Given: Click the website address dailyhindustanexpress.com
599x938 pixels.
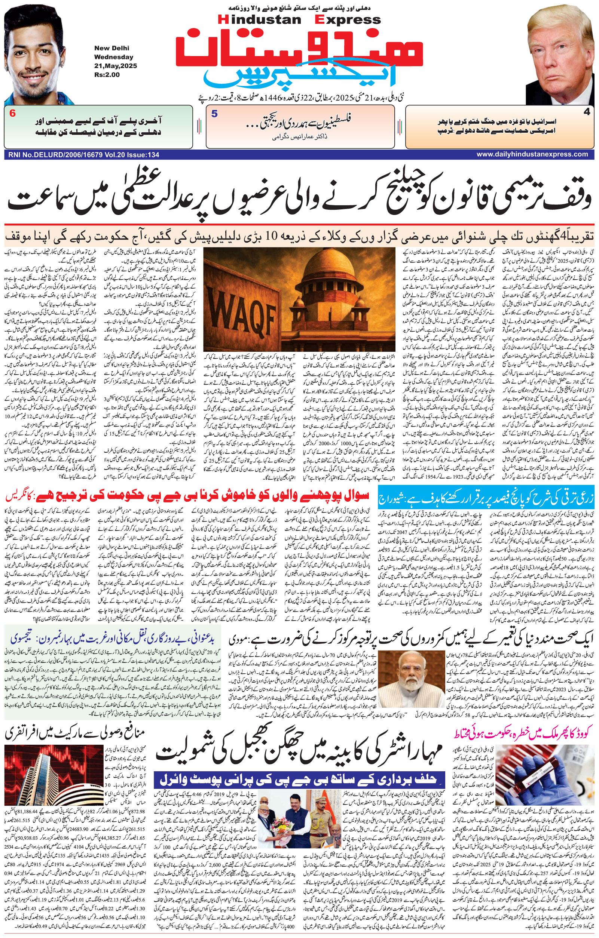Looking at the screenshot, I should pos(532,154).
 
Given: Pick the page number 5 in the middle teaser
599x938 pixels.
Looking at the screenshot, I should pos(214,114).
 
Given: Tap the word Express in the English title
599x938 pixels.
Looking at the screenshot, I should pos(348,19).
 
